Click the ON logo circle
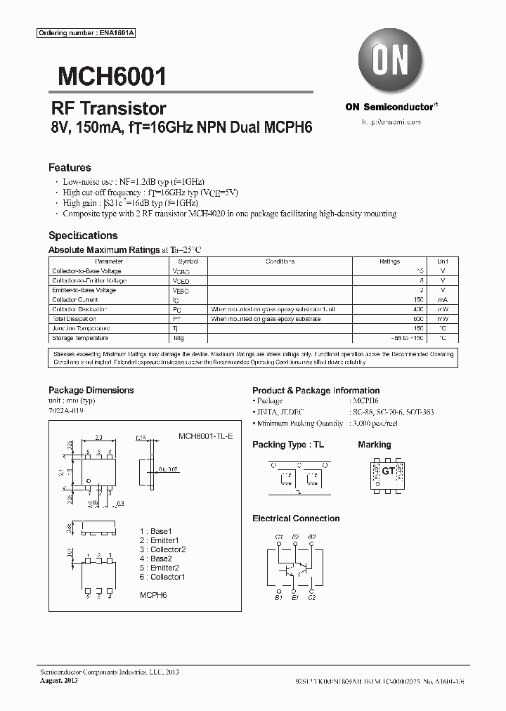(x=390, y=62)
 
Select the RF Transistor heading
(x=109, y=108)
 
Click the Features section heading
(x=70, y=168)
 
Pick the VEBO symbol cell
(x=181, y=290)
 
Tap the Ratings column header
(x=389, y=261)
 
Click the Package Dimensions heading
(x=91, y=390)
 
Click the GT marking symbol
(x=387, y=471)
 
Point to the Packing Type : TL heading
(x=288, y=445)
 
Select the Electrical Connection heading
(x=296, y=518)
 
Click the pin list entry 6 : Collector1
(x=162, y=577)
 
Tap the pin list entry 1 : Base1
(x=155, y=531)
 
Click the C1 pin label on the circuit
(x=279, y=537)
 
